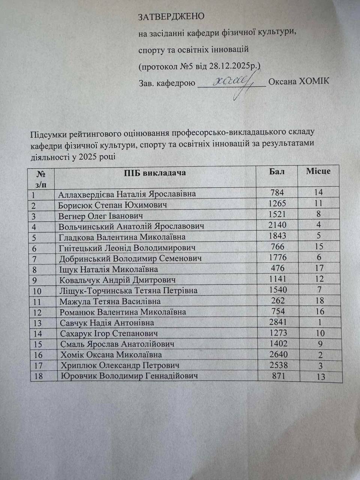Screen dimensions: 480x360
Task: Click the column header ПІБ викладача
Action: click(155, 173)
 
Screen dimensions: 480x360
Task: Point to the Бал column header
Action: click(277, 172)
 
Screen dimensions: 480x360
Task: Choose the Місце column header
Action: click(318, 171)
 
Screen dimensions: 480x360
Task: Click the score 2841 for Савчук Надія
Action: click(278, 322)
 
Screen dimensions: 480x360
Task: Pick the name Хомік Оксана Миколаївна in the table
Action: click(111, 355)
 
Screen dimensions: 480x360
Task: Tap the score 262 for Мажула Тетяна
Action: click(277, 300)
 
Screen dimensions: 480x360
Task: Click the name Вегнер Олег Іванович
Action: click(100, 216)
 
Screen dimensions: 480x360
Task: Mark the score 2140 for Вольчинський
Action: click(277, 225)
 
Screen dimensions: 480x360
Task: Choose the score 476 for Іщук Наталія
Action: click(277, 268)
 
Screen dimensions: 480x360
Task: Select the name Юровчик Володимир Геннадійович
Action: click(129, 376)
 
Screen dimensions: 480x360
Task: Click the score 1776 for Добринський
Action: click(277, 257)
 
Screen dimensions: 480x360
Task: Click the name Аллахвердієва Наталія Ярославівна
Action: click(127, 194)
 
